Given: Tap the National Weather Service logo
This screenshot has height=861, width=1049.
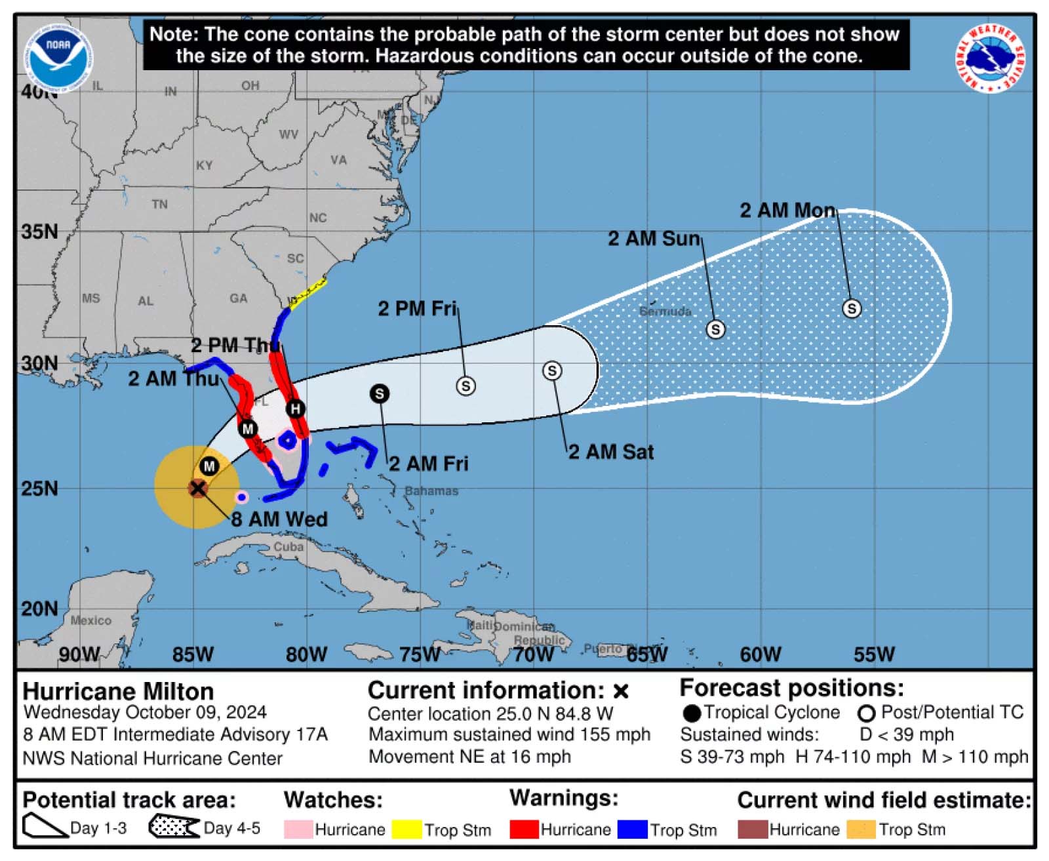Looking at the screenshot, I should (x=990, y=58).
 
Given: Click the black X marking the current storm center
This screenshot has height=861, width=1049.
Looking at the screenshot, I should (x=197, y=488).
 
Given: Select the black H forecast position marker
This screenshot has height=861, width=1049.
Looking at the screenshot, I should (x=296, y=409).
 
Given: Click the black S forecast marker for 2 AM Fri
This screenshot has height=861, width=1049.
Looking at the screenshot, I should (x=380, y=393).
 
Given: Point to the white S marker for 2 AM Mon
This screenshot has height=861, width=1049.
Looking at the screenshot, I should (x=852, y=308).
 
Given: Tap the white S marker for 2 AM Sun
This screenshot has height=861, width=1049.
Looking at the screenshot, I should (x=715, y=329).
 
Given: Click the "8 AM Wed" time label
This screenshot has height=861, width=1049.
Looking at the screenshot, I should (x=279, y=519).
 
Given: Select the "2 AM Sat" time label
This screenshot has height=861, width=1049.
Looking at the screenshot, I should (x=611, y=452).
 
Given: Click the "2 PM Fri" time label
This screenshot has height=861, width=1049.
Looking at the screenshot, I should (x=417, y=308).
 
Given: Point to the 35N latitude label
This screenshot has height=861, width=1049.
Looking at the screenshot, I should (x=39, y=231).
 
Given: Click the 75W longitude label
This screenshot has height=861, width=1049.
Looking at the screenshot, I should (x=420, y=654).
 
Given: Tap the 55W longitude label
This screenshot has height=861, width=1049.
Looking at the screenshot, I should (x=874, y=654).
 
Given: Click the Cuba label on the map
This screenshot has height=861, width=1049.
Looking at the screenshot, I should (x=288, y=546).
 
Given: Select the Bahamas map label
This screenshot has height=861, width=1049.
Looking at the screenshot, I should (x=431, y=491).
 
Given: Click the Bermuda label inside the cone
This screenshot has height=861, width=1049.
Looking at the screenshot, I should (x=665, y=311).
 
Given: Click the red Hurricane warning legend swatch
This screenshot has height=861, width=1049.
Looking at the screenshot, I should (x=524, y=830).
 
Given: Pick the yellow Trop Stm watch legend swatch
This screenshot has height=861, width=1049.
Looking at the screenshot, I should (x=406, y=830).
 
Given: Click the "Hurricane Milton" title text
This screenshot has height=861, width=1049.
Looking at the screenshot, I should (x=118, y=692).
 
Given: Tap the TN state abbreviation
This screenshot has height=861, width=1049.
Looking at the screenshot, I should (x=159, y=205).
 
